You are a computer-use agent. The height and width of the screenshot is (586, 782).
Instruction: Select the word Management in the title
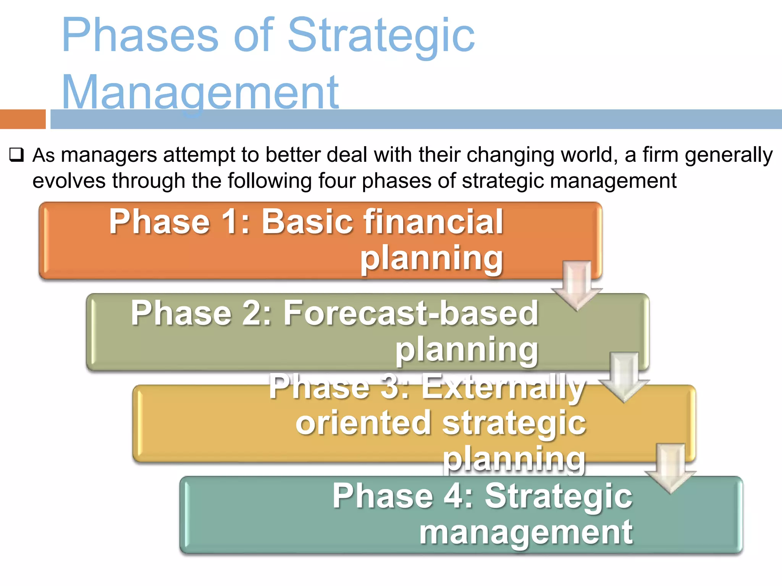(200, 92)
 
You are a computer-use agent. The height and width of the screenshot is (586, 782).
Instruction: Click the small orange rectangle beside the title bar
(23, 119)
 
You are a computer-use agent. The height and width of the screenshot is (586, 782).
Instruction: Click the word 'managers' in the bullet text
(109, 155)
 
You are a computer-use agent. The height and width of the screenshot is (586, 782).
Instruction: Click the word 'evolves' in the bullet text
(69, 180)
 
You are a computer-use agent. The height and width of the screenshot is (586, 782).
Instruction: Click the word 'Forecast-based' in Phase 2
(410, 314)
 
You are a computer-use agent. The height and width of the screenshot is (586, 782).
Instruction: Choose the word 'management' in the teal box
(526, 532)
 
